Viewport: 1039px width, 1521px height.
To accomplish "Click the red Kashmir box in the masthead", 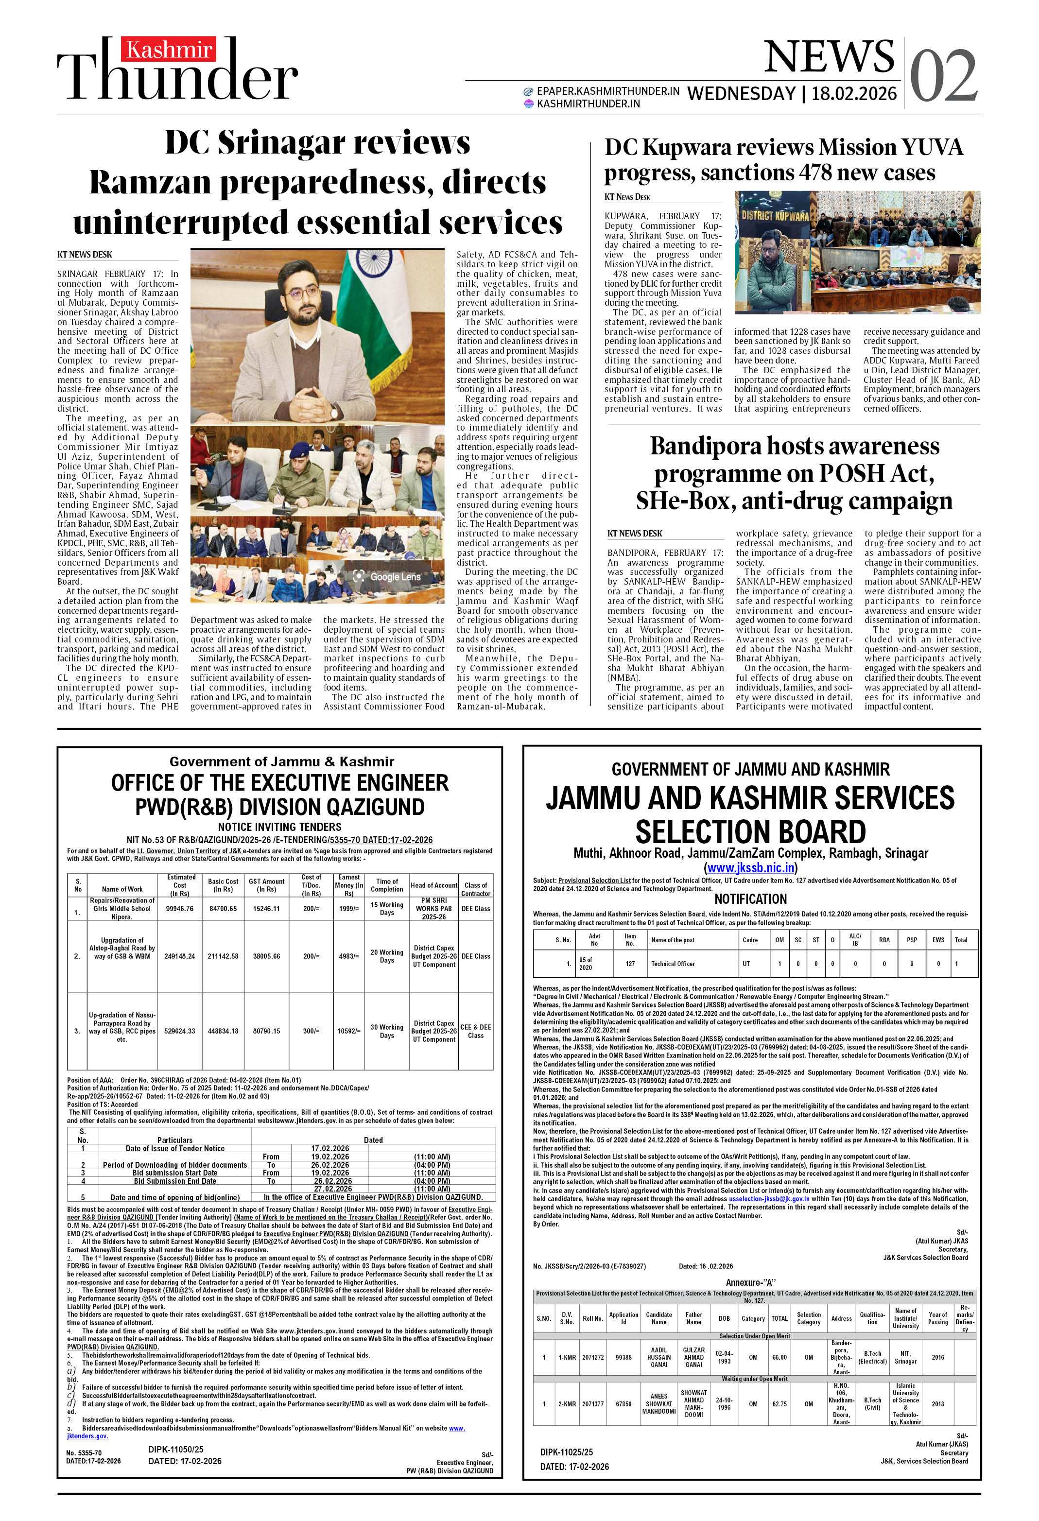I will click(168, 50).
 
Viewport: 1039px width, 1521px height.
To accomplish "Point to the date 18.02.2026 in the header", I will click(854, 94).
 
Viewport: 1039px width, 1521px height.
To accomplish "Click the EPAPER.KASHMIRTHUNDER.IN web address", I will click(607, 91).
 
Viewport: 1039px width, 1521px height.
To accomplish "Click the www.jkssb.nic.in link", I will click(750, 868).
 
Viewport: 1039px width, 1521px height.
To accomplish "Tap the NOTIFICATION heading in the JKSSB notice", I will click(750, 899).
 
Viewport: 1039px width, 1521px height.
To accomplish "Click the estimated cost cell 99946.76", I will click(180, 908).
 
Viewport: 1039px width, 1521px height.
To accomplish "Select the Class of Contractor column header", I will click(475, 889).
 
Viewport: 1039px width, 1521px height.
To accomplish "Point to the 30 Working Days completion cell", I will click(386, 1031).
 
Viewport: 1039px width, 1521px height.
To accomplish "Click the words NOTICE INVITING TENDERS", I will click(279, 827).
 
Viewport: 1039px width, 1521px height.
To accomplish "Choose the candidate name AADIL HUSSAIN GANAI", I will click(658, 1357).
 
